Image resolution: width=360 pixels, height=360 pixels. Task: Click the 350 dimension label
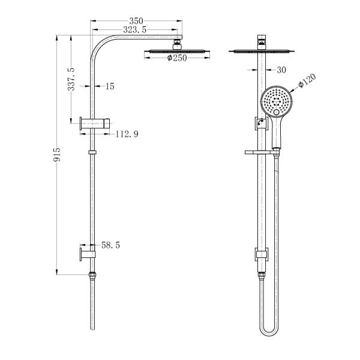click(135, 20)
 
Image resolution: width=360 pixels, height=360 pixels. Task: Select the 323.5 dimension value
click(134, 29)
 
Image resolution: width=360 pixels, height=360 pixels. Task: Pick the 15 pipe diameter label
click(109, 87)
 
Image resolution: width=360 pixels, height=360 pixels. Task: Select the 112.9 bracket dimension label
click(127, 134)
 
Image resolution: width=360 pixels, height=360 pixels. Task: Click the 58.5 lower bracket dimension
click(110, 246)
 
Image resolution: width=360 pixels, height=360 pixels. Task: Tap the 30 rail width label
click(280, 70)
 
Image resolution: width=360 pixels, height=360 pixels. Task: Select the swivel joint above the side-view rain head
click(176, 43)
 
